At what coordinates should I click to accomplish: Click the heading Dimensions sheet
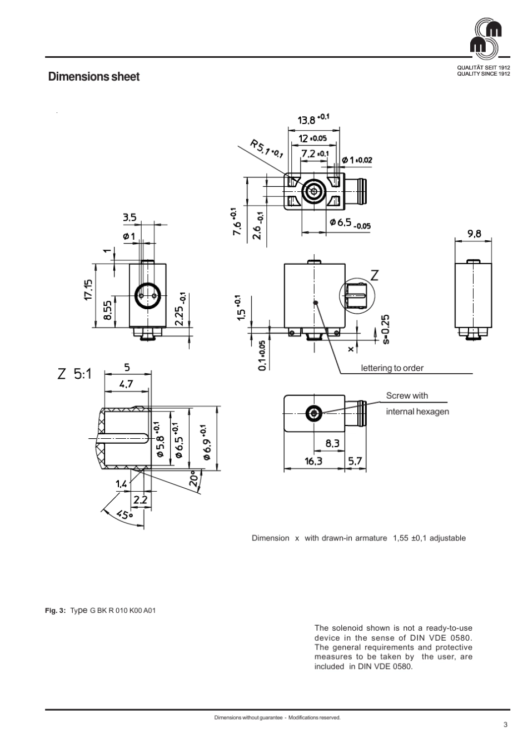tap(94, 77)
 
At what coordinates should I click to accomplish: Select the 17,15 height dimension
tap(88, 289)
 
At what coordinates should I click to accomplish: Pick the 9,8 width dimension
tap(474, 234)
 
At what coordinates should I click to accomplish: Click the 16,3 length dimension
tap(313, 461)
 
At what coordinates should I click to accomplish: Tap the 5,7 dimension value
tap(355, 461)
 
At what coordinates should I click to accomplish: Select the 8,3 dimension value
tap(332, 443)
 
